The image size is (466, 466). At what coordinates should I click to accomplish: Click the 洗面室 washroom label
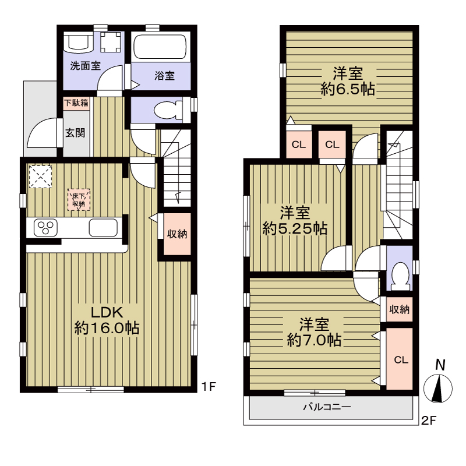[x=85, y=66]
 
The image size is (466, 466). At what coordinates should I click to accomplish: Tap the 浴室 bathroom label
[x=164, y=76]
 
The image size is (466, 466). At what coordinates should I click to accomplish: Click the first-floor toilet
[x=168, y=110]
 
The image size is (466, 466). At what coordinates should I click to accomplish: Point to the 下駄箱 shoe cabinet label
[x=76, y=103]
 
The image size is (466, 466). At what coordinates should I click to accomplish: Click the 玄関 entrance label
[x=75, y=133]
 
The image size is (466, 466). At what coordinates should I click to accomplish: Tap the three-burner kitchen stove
[x=45, y=228]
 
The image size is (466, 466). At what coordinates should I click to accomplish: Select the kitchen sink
[x=103, y=228]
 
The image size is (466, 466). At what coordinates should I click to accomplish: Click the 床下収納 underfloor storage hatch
[x=79, y=200]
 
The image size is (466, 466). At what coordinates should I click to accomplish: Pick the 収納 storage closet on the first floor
[x=177, y=234]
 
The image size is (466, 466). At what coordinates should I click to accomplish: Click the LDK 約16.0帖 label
[x=107, y=320]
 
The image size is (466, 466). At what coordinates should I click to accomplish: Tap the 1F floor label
[x=208, y=387]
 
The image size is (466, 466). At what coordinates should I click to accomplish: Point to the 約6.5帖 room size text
[x=348, y=89]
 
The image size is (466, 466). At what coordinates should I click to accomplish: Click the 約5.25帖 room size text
[x=295, y=228]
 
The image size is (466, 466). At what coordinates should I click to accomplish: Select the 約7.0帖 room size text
[x=314, y=340]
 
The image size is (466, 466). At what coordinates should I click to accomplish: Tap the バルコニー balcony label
[x=327, y=407]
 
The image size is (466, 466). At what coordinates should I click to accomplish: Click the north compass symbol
[x=438, y=382]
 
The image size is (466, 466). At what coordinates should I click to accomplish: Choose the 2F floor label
[x=429, y=421]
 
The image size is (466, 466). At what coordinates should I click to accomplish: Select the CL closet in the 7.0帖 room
[x=399, y=359]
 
